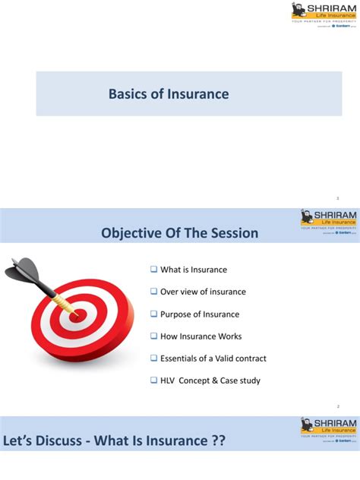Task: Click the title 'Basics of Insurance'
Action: (x=168, y=94)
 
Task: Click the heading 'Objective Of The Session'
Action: (x=180, y=232)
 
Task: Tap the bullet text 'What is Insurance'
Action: (x=193, y=270)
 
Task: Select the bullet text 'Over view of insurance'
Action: (x=202, y=292)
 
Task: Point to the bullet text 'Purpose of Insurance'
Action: (x=199, y=314)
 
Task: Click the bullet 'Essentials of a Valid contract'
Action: (x=213, y=358)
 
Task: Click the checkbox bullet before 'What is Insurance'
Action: (x=153, y=270)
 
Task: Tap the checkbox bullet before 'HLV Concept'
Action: (x=153, y=381)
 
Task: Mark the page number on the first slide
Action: (x=347, y=197)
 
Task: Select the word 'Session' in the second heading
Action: (x=233, y=232)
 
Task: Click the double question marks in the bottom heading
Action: (x=218, y=441)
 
